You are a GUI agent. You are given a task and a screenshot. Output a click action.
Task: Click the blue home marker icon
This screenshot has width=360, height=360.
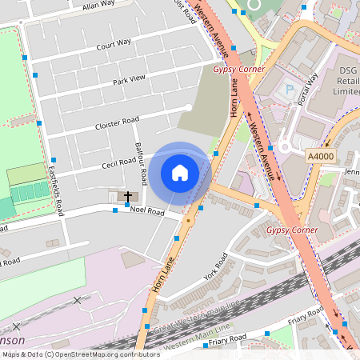pyautogui.click(x=180, y=173)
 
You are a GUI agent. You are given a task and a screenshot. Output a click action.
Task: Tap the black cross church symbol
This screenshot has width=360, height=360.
pyautogui.click(x=126, y=194)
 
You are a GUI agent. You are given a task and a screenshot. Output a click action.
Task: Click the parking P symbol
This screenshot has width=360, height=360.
pyautogui.click(x=289, y=90)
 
